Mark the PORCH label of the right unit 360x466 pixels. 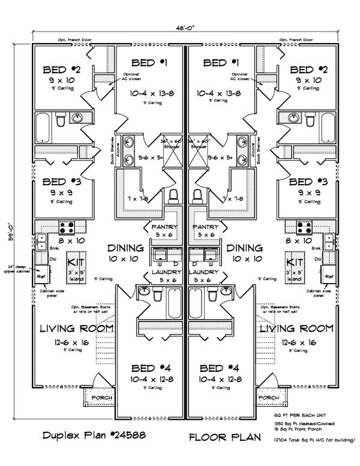click(269, 398)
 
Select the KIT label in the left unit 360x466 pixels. click(76, 261)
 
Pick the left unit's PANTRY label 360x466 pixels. click(163, 228)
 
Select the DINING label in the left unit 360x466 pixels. click(125, 247)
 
